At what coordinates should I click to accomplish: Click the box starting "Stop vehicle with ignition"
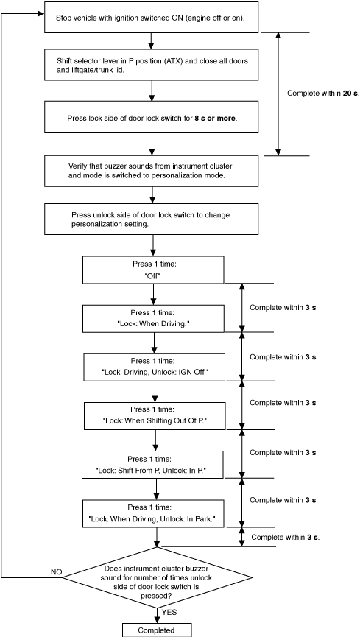[151, 17]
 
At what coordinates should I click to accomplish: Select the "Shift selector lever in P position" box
[151, 65]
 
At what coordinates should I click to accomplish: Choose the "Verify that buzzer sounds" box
[151, 171]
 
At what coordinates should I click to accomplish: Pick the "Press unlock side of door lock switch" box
[151, 219]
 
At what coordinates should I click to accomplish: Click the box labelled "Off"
[154, 270]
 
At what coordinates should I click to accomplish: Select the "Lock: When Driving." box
[154, 318]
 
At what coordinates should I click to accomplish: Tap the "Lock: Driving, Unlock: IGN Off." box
[155, 367]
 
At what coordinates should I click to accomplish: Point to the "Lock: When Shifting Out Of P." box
[155, 416]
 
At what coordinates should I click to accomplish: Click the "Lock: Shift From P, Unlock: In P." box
[153, 465]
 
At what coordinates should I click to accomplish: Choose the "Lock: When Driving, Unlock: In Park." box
[153, 513]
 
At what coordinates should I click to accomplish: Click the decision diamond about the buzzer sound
[158, 577]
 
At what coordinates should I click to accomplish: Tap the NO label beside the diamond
[57, 572]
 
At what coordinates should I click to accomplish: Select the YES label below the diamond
[169, 612]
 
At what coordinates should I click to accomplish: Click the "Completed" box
[156, 630]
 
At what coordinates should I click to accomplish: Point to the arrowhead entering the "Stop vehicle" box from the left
[40, 14]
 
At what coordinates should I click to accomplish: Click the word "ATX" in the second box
[171, 61]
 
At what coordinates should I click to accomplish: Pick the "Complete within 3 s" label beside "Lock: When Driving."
[283, 308]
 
